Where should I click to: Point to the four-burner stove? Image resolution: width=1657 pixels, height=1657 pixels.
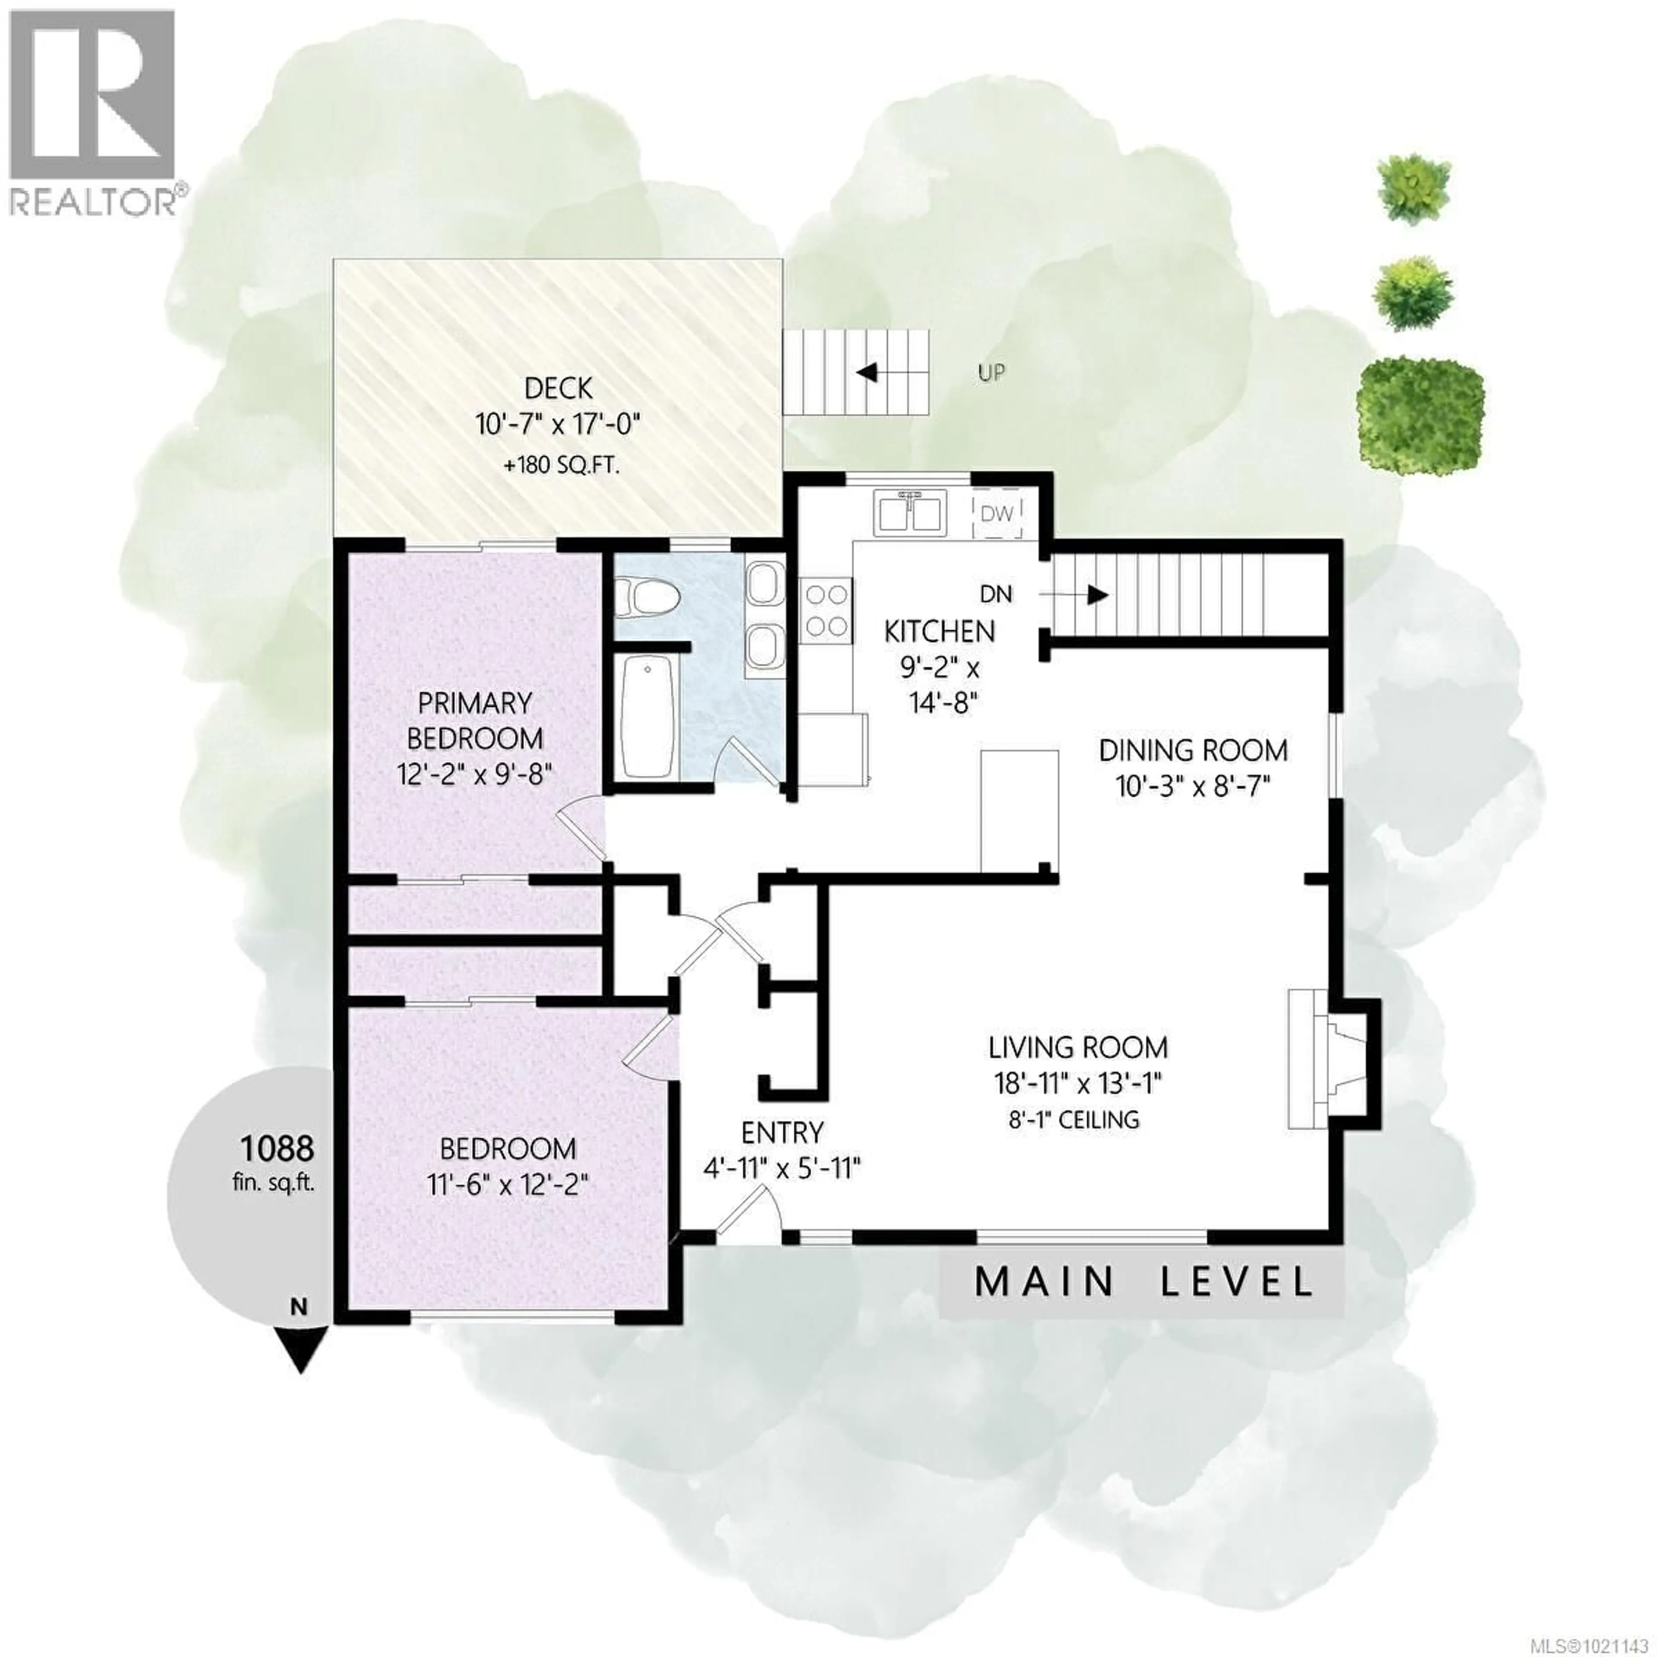[826, 611]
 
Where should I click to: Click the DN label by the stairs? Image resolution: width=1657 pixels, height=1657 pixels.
[996, 593]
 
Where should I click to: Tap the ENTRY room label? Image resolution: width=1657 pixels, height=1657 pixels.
[782, 1132]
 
